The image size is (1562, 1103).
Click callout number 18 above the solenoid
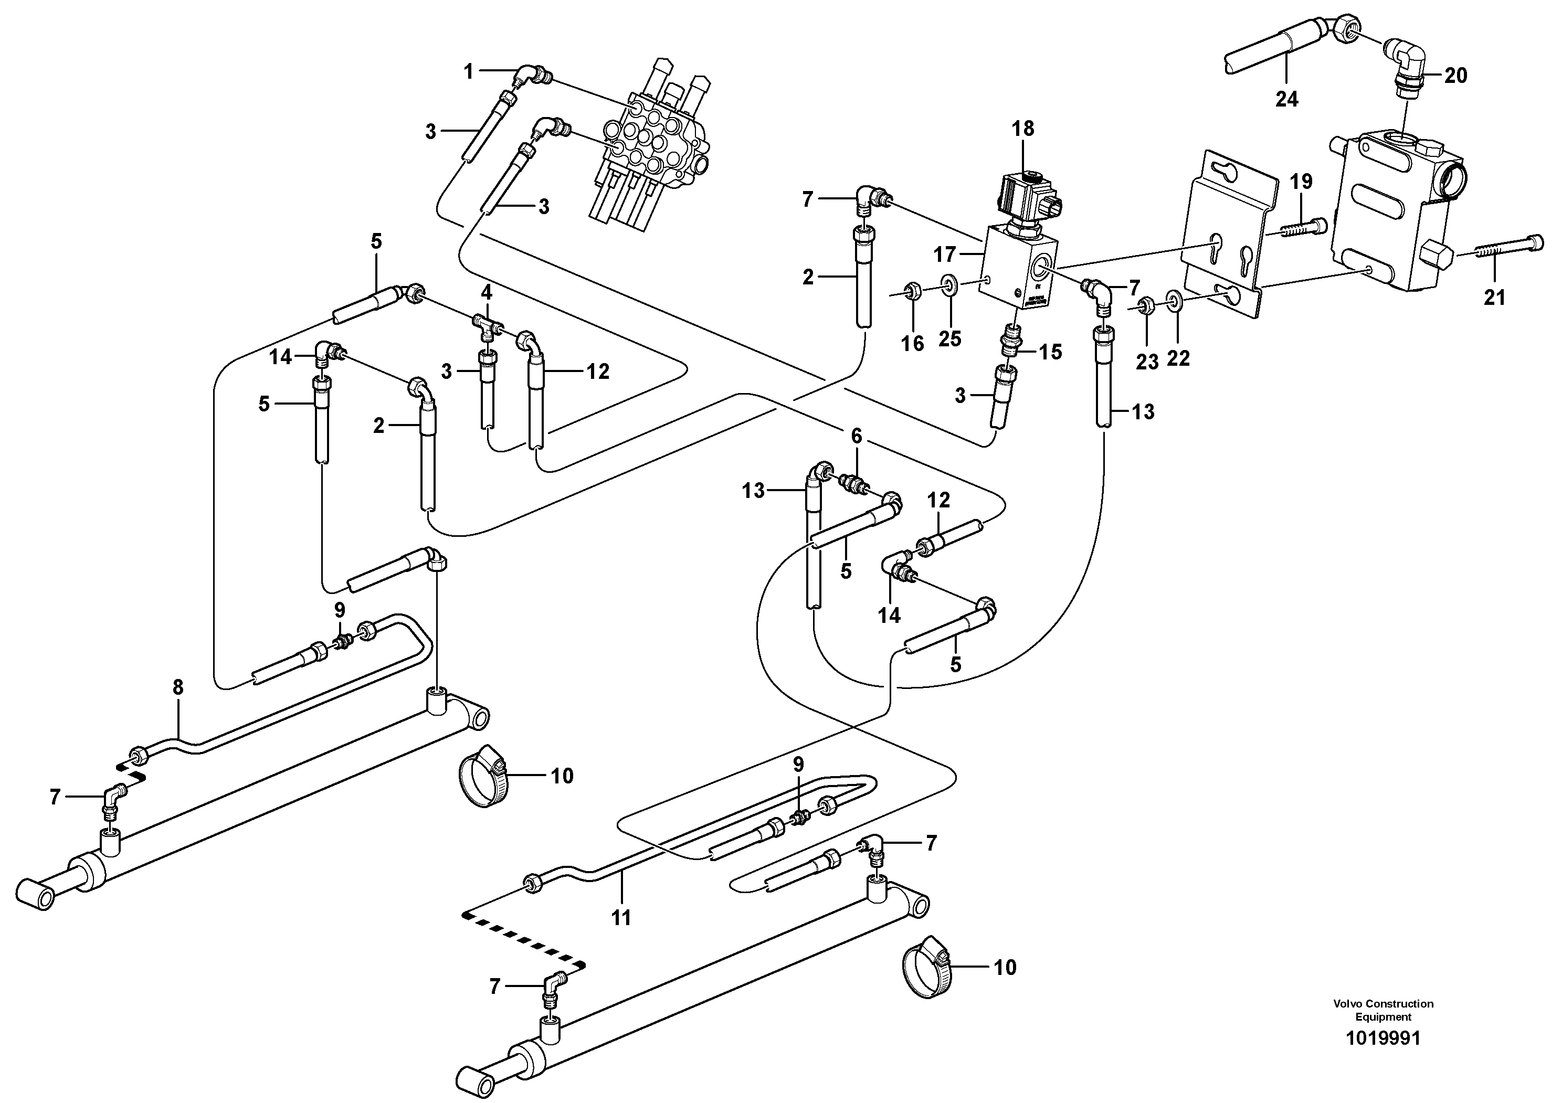coord(1022,129)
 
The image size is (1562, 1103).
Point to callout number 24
coord(1286,99)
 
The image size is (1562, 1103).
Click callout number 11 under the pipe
coord(620,918)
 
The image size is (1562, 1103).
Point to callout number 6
coord(857,437)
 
